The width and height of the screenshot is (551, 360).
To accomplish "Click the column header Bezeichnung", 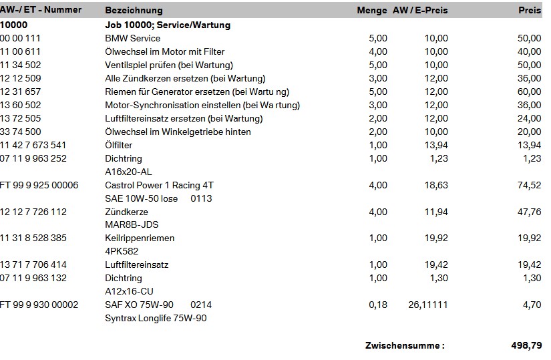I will pyautogui.click(x=134, y=11).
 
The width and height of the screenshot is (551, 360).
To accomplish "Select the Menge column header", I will pyautogui.click(x=372, y=11).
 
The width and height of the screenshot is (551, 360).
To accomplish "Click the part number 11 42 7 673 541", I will pyautogui.click(x=33, y=145).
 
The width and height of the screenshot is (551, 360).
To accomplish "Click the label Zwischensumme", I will pyautogui.click(x=404, y=345).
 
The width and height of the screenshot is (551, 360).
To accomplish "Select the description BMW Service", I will pyautogui.click(x=132, y=38).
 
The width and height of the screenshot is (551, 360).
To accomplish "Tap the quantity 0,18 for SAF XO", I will pyautogui.click(x=378, y=305).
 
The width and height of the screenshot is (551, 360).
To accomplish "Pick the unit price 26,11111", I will pyautogui.click(x=428, y=305).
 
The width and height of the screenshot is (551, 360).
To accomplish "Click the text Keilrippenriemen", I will pyautogui.click(x=140, y=238).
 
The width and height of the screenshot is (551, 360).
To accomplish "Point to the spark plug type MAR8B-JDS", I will pyautogui.click(x=132, y=225).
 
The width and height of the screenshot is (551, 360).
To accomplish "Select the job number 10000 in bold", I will pyautogui.click(x=13, y=25).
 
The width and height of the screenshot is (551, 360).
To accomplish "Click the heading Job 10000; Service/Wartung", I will pyautogui.click(x=168, y=25).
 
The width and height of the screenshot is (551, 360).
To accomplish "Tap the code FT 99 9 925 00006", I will pyautogui.click(x=39, y=185).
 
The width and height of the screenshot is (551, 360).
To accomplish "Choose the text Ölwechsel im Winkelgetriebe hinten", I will pyautogui.click(x=178, y=132).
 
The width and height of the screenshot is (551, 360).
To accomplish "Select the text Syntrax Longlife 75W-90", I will pyautogui.click(x=156, y=319).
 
